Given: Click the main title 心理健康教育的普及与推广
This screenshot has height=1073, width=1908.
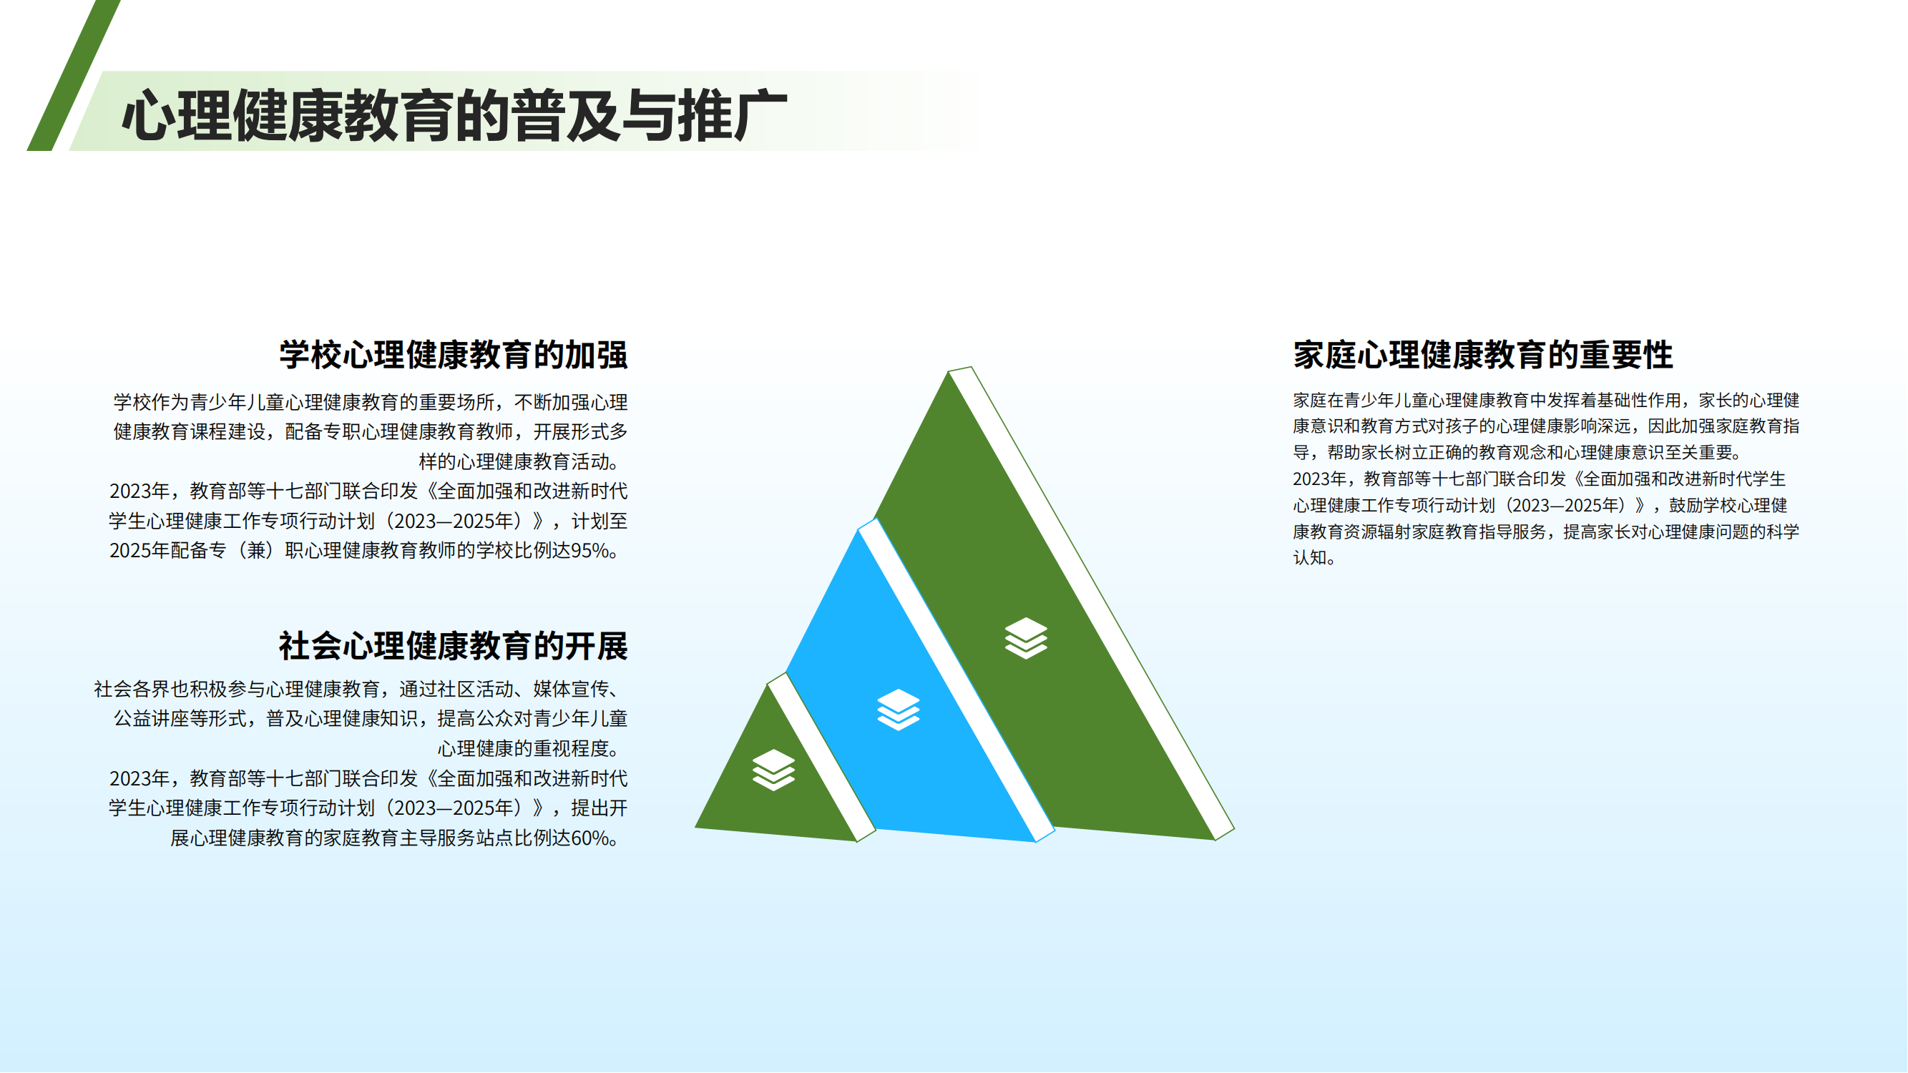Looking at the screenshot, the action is point(454,115).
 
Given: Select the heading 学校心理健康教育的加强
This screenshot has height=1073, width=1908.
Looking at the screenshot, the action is point(454,355).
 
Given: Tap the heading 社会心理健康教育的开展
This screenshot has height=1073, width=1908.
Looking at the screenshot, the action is point(454,646).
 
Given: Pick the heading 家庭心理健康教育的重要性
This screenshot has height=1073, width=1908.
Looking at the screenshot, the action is point(1483,355).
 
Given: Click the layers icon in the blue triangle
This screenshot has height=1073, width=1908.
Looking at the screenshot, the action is point(899,710).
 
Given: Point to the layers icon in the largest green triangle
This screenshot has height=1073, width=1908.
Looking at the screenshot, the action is point(1026,637).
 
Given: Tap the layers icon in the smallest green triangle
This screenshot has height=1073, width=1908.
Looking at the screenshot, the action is point(774,770).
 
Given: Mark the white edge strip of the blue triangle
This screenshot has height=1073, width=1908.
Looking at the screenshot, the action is point(957,680).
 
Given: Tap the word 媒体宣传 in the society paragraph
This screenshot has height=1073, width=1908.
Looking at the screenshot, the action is point(571,690).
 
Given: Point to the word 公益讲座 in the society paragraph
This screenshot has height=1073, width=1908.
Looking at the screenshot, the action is point(151,719).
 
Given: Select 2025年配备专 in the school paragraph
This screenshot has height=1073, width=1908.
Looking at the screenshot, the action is point(167,551).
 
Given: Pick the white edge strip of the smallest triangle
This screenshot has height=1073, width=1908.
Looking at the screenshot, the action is point(821,758).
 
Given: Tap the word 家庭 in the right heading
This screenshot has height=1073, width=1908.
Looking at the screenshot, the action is point(1325,355).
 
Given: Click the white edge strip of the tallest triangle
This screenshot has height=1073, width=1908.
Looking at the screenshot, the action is point(1092,604).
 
